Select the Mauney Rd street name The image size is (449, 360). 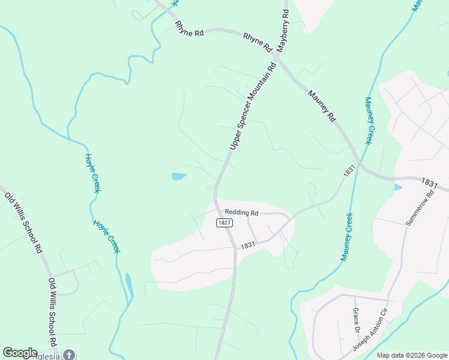tap(322, 106)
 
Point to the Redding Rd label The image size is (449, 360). tap(241, 212)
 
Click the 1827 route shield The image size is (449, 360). tap(224, 223)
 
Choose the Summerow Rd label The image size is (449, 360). tap(418, 208)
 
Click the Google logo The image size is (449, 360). tap(20, 353)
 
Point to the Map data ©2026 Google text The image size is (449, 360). tap(412, 355)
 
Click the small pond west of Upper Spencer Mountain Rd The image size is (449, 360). tap(179, 176)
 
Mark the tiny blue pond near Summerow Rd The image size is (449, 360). tap(397, 187)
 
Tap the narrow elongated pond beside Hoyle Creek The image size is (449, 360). tap(129, 284)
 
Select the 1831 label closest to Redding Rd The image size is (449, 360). tap(248, 246)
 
